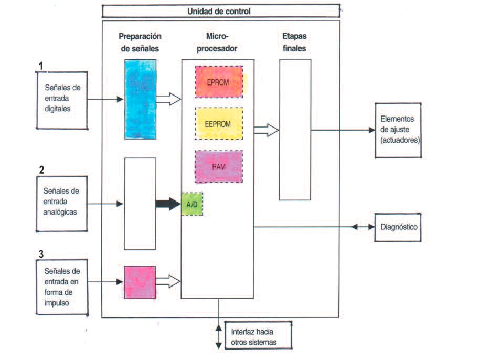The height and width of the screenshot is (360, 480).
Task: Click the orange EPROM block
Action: coord(220,81)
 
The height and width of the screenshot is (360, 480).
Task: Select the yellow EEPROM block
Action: coord(219,123)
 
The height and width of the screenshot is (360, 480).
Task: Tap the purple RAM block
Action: coord(219,166)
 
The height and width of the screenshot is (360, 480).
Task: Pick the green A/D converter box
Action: coord(191,205)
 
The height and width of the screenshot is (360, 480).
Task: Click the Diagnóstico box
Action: coord(398,227)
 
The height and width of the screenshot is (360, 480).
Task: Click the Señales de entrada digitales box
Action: coord(62,100)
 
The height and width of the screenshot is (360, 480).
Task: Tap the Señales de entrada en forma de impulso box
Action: coord(62,286)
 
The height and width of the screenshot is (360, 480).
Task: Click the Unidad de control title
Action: coord(220,10)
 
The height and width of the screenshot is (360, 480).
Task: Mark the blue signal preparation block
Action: coord(140,99)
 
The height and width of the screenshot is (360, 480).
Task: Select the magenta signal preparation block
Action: coord(140,282)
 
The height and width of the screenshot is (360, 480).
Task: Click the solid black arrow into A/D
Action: coord(168,205)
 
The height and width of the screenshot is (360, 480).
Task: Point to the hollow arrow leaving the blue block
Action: coord(168,99)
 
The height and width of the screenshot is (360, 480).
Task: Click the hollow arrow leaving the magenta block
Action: coord(168,282)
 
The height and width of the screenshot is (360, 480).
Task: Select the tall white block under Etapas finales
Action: coord(295,129)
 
